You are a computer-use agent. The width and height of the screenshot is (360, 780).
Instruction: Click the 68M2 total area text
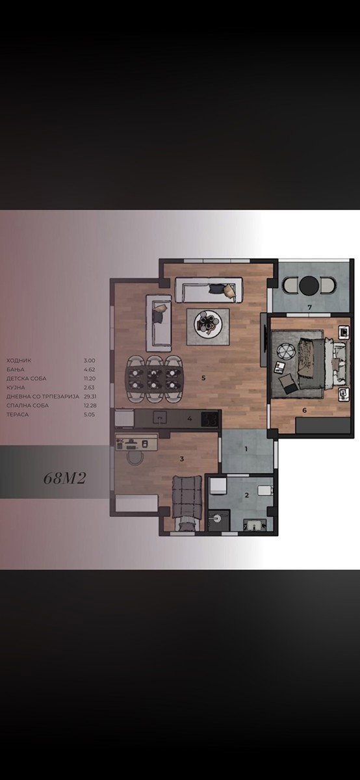[64, 478]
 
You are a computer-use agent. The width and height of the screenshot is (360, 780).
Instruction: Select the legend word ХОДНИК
[19, 360]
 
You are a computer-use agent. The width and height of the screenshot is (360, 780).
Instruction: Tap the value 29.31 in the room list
[90, 396]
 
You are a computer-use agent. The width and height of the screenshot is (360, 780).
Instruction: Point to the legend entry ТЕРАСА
[18, 415]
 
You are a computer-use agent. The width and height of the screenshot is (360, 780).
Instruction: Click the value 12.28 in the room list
[90, 406]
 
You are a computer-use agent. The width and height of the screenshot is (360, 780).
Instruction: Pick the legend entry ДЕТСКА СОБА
[26, 378]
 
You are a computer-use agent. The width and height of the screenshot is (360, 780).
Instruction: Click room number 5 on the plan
[203, 378]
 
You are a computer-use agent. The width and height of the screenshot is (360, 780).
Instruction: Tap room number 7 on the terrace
[309, 307]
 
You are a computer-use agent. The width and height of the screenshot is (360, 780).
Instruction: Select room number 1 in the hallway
[246, 449]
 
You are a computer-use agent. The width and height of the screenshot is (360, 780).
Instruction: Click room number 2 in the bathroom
[247, 495]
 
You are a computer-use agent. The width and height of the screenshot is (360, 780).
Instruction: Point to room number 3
[182, 459]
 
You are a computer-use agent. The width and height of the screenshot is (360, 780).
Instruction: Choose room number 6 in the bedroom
[304, 410]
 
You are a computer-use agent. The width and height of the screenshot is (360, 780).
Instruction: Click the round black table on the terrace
[309, 285]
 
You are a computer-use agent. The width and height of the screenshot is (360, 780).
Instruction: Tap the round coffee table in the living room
[207, 324]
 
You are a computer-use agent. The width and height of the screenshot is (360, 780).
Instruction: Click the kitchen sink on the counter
[160, 418]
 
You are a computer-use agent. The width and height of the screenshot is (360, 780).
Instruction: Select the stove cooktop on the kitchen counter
[210, 419]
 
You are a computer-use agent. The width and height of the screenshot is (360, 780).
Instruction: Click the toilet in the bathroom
[265, 490]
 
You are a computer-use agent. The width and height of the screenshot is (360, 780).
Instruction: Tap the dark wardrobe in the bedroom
[323, 425]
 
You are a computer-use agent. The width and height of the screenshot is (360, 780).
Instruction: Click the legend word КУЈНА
[16, 387]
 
